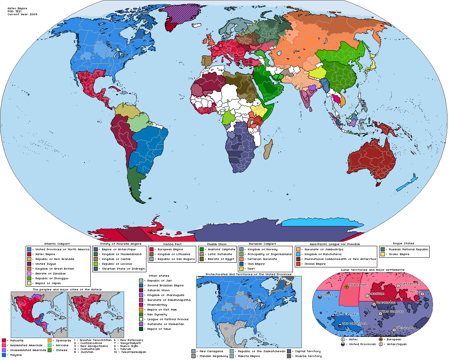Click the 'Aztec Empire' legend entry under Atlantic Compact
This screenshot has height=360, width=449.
(x=45, y=254)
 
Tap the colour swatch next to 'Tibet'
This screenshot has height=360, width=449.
(x=242, y=269)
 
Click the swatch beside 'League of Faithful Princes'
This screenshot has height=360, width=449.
(x=140, y=319)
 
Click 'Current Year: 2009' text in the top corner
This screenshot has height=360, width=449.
(x=22, y=14)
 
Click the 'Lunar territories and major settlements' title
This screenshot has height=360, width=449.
(x=372, y=270)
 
